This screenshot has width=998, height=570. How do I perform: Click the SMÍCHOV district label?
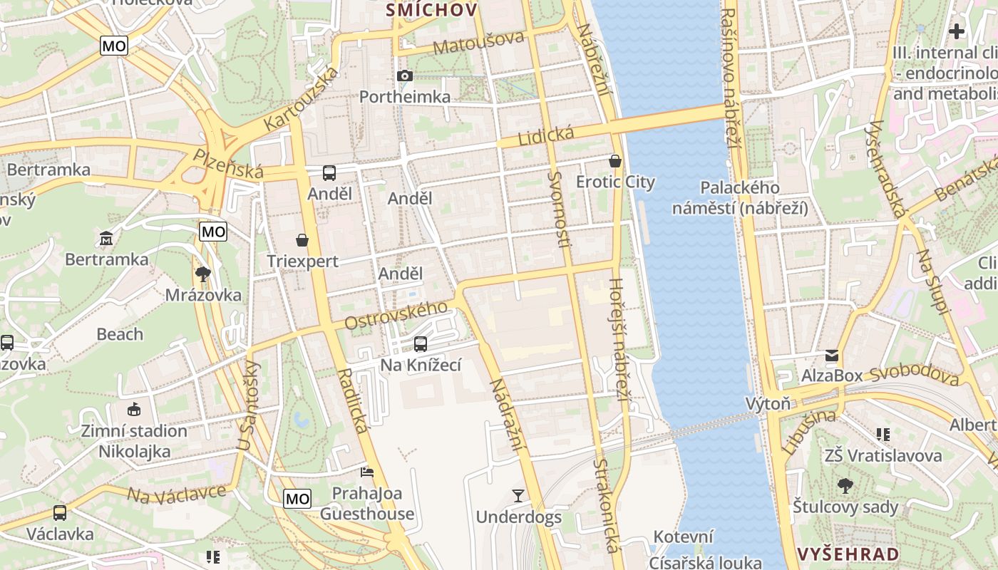(431, 10)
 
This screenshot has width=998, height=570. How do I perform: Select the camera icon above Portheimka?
(404, 76)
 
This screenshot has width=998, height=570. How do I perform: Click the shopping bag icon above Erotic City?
(615, 162)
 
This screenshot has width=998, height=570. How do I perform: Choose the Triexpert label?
(303, 261)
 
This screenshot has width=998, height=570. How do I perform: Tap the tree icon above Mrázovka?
(203, 274)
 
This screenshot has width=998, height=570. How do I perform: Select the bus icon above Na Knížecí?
(421, 344)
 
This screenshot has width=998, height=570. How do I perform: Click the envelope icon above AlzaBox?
(832, 355)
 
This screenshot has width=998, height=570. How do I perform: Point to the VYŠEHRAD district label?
(848, 554)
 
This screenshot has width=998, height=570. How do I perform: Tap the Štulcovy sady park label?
(845, 507)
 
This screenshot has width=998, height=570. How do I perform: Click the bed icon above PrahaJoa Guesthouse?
(367, 472)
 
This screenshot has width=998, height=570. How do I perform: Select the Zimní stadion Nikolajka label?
(134, 441)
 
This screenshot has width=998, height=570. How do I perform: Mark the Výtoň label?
(768, 404)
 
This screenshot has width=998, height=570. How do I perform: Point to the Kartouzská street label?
(301, 98)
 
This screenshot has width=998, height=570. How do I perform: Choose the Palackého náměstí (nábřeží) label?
(741, 198)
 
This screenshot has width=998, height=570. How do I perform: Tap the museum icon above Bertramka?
(107, 237)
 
